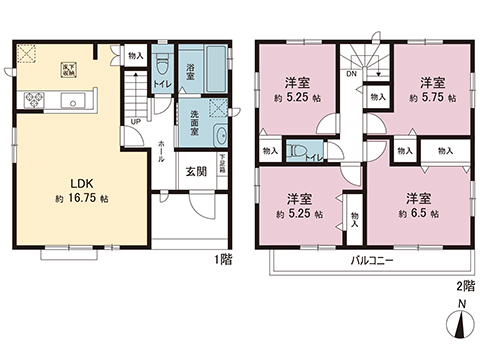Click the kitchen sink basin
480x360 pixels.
[x=72, y=99]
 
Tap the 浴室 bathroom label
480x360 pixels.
[x=190, y=72]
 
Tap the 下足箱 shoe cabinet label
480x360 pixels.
[x=222, y=162]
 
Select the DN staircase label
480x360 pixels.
[x=352, y=73]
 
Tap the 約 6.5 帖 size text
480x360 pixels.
[x=418, y=213]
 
